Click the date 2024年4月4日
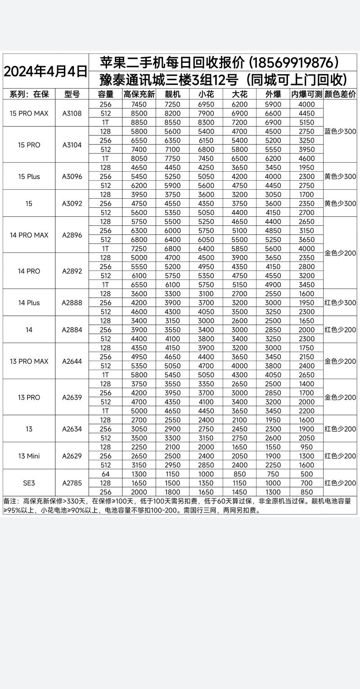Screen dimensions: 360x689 click(x=45, y=71)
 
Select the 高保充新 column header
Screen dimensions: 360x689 click(x=139, y=94)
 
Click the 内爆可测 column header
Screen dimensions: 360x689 click(x=307, y=94)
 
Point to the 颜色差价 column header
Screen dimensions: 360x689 click(x=340, y=94)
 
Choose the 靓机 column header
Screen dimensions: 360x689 click(x=172, y=94)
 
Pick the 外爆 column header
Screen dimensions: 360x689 click(x=273, y=94)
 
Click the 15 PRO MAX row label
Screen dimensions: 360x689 click(x=29, y=113)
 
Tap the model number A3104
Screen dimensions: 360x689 click(x=72, y=145)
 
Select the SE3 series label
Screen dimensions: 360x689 click(x=29, y=483)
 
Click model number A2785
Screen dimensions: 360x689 click(x=72, y=483)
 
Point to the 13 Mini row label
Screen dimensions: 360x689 click(x=29, y=456)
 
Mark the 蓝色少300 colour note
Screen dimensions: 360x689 click(x=340, y=131)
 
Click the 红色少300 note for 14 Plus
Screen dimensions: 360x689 click(x=340, y=303)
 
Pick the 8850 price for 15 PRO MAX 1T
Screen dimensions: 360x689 click(x=139, y=122)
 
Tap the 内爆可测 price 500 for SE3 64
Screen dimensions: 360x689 click(x=307, y=474)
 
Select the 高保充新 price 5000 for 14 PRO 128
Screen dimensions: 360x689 click(x=139, y=258)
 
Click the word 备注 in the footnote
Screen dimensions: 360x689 click(x=11, y=501)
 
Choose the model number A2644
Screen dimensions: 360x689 click(x=72, y=361)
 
